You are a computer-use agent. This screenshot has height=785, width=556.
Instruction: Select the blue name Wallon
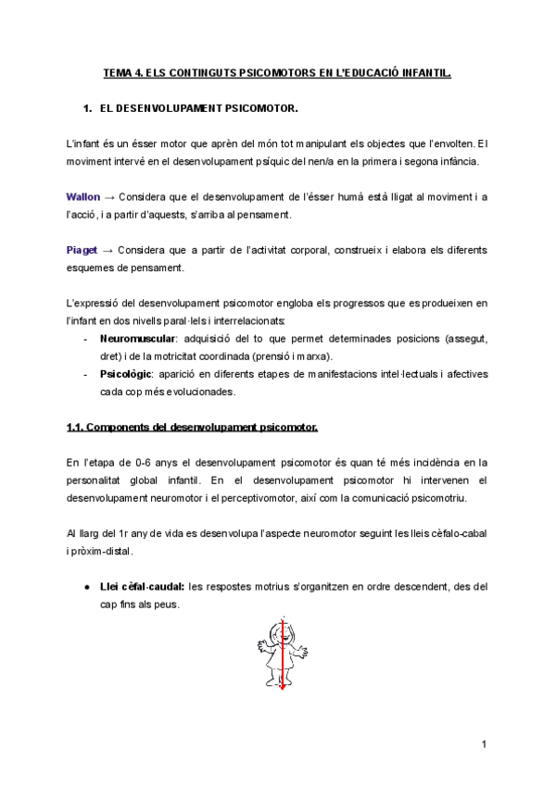tap(82, 197)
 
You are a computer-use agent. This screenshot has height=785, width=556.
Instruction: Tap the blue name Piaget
tap(82, 251)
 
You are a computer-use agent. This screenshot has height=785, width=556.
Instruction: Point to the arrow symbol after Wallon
tap(109, 197)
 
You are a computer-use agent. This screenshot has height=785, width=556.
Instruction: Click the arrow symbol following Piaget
tap(108, 251)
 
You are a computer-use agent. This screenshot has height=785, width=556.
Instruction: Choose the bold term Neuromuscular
tap(136, 339)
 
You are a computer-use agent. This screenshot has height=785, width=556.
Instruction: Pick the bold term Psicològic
tap(124, 374)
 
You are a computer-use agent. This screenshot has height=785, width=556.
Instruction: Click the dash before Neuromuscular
tap(86, 339)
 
